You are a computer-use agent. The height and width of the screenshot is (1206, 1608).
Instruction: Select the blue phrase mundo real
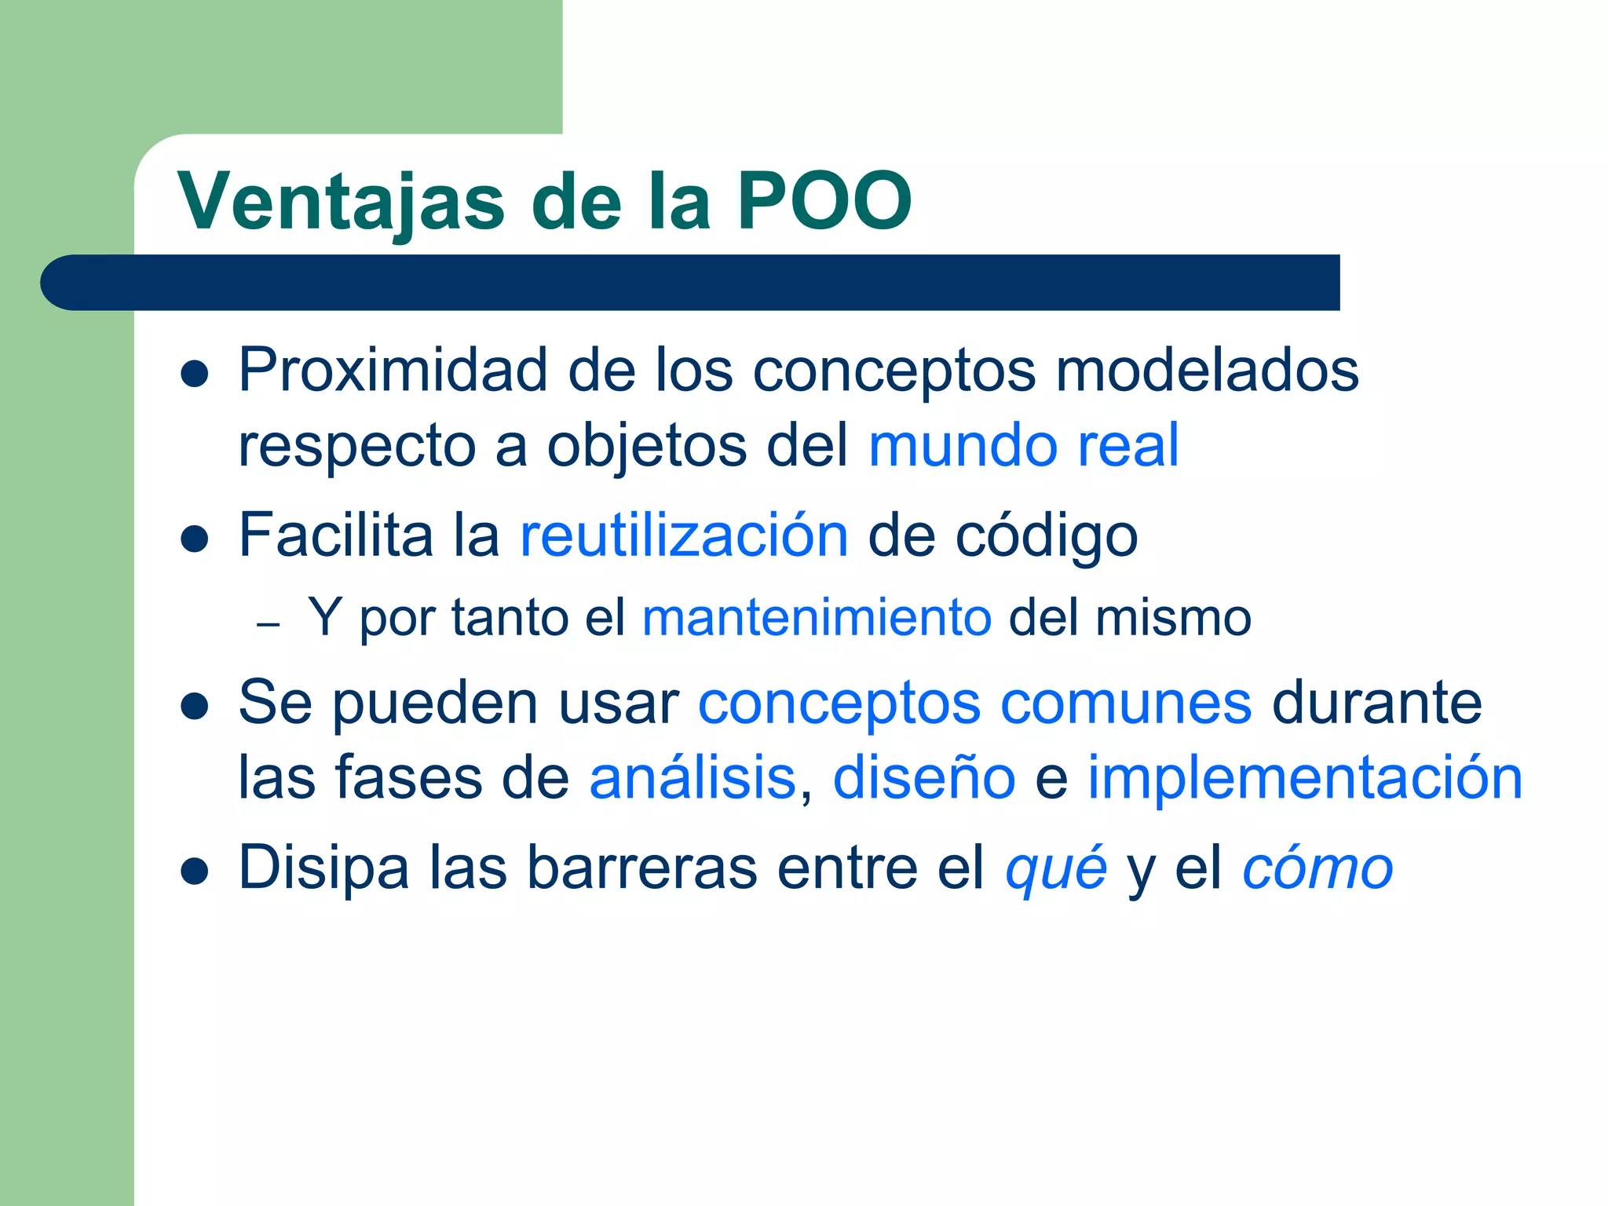(x=1024, y=445)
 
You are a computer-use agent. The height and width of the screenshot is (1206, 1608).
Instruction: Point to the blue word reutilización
(x=684, y=535)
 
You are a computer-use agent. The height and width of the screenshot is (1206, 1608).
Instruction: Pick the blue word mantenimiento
(x=817, y=618)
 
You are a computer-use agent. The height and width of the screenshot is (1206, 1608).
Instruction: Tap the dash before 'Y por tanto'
(x=269, y=625)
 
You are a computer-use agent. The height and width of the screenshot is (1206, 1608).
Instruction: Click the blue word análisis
(x=693, y=778)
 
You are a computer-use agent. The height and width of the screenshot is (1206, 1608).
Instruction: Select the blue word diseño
(x=924, y=778)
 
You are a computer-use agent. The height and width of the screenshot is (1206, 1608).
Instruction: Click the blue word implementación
(x=1304, y=778)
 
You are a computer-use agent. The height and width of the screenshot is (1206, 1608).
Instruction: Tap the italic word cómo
(x=1317, y=868)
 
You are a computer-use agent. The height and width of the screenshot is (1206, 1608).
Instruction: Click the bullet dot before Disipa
(x=194, y=872)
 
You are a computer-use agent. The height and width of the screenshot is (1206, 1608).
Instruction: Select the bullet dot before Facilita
(x=194, y=539)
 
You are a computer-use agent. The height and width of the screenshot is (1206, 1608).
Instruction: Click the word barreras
(x=641, y=868)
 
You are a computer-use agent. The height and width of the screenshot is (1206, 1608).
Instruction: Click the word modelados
(x=1207, y=371)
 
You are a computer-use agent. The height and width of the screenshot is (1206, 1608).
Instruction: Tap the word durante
(x=1376, y=703)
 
